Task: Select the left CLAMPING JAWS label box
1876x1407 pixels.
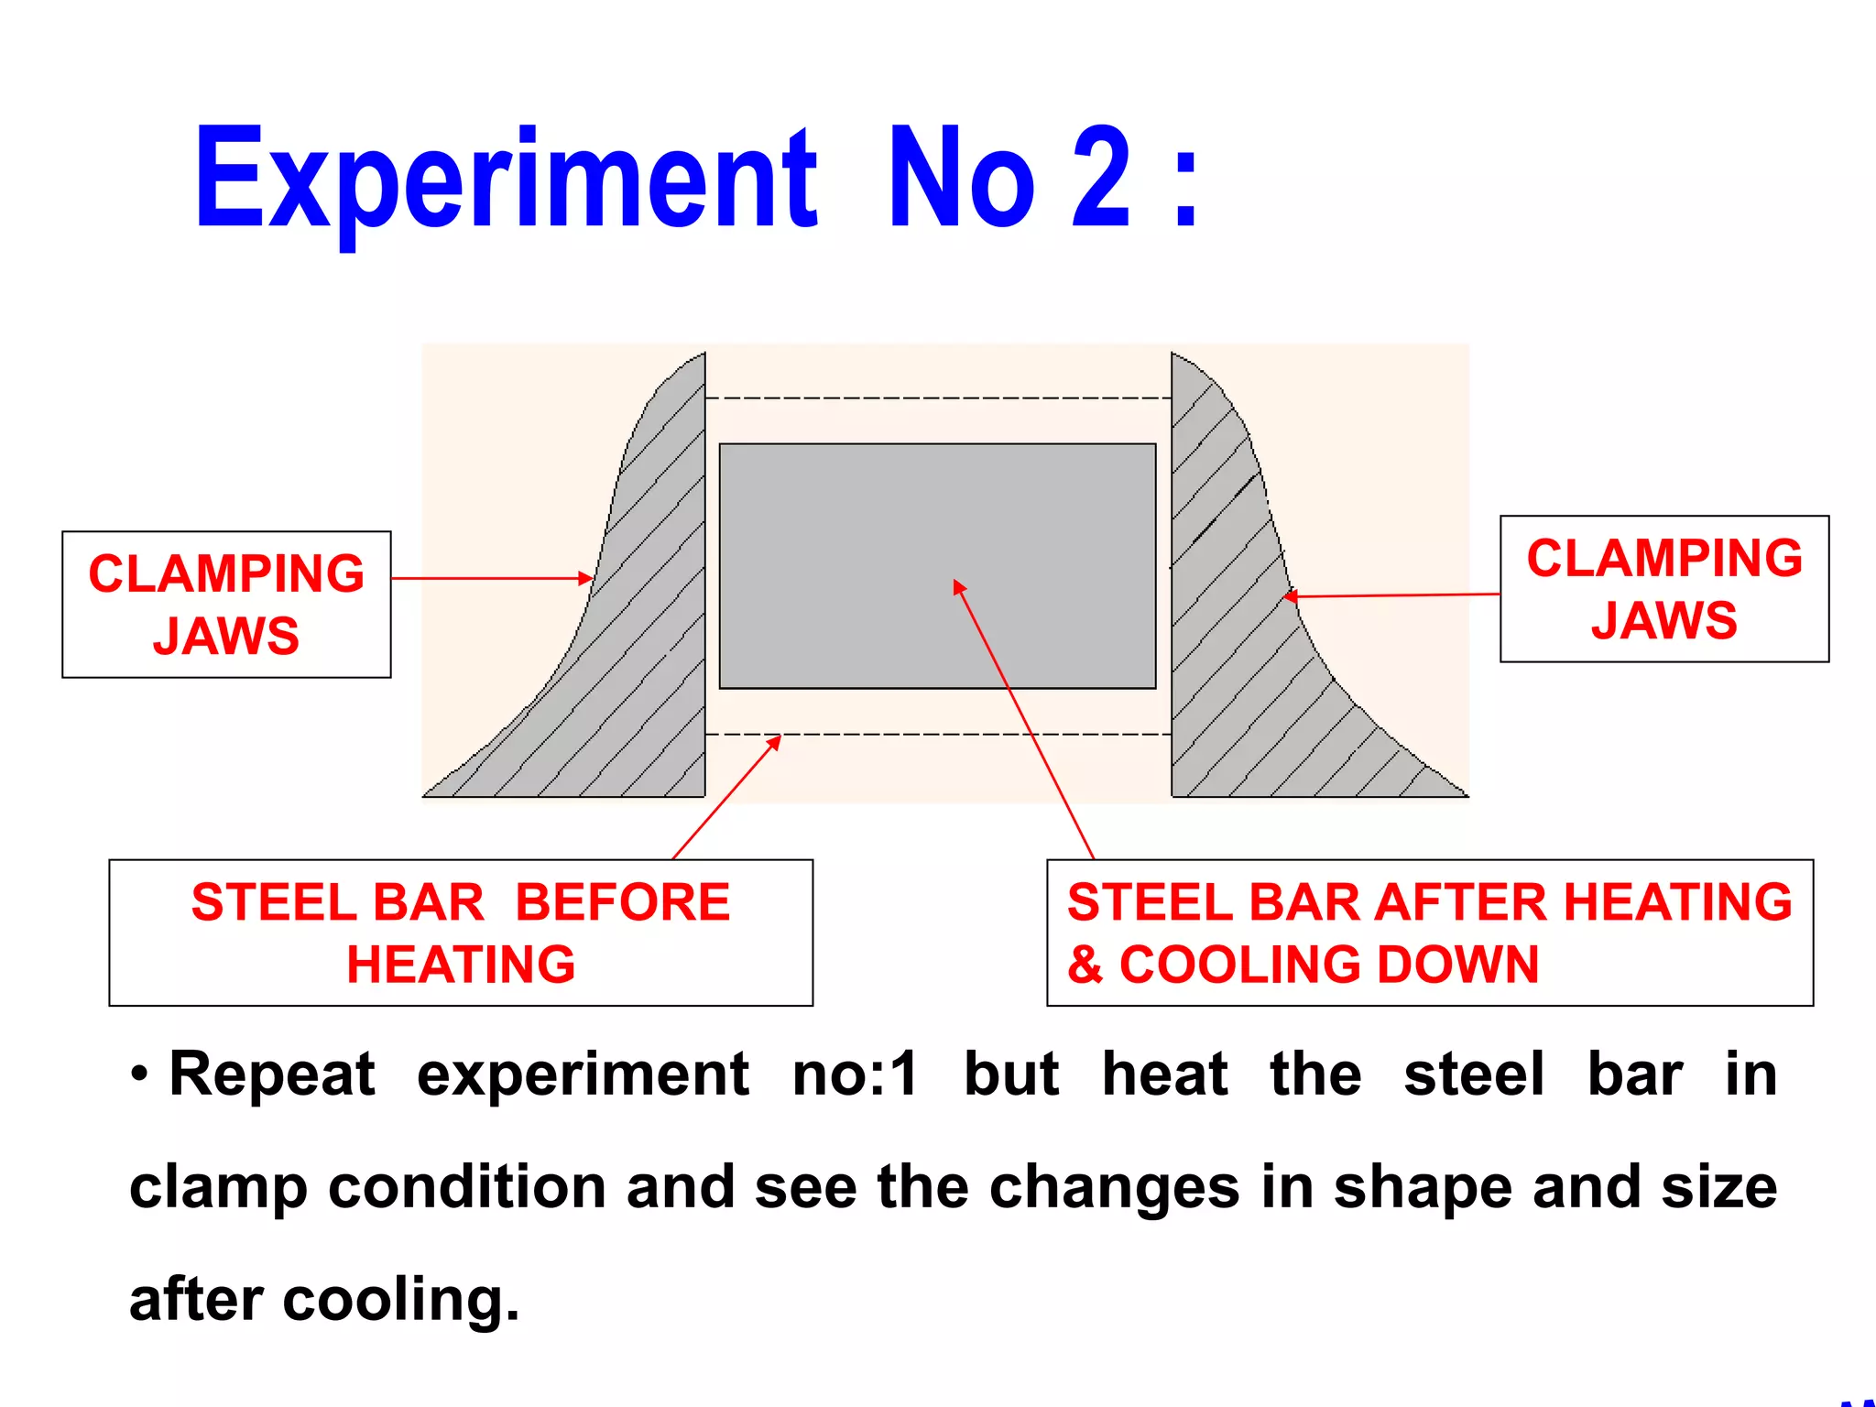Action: (x=226, y=605)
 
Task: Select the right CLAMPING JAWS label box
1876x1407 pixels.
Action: (x=1663, y=589)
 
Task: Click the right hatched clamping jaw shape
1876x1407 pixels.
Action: (x=1237, y=660)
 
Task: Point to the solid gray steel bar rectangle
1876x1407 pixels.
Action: (x=937, y=513)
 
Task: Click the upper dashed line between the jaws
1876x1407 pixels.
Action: (x=937, y=398)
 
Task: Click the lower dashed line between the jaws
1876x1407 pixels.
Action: (x=937, y=735)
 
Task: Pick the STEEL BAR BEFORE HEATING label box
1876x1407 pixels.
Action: (x=461, y=933)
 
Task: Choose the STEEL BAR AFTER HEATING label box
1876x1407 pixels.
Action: (x=1429, y=933)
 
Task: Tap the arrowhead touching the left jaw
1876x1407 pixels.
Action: (x=586, y=578)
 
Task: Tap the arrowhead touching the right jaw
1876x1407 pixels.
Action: (x=1290, y=596)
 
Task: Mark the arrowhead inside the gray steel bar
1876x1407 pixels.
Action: (x=958, y=586)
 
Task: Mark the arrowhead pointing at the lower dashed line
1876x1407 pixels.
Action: (x=774, y=742)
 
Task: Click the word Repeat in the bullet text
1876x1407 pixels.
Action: (x=272, y=1074)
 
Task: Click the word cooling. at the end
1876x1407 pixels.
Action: (x=400, y=1299)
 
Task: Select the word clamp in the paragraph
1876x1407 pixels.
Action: (x=218, y=1187)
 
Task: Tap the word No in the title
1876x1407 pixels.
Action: (x=962, y=179)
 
